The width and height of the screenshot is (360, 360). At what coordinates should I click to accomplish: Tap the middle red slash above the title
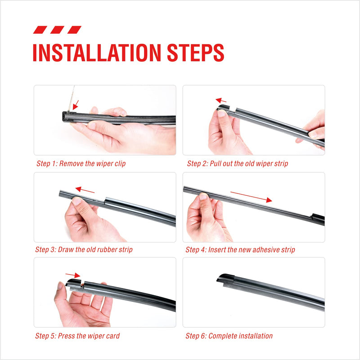(57, 30)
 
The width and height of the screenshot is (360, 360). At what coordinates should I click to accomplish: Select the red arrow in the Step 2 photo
(220, 100)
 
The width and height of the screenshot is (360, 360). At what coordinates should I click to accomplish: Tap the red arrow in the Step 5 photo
(72, 274)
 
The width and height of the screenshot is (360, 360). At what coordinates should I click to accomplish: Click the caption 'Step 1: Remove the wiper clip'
(81, 164)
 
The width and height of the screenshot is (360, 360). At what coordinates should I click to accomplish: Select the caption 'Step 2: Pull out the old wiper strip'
(238, 164)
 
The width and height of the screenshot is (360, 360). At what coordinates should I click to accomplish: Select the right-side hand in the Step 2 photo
(314, 128)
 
